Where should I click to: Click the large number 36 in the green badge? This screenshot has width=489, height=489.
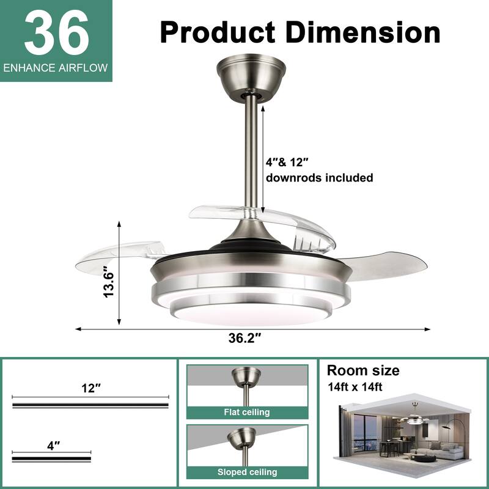pos(56,34)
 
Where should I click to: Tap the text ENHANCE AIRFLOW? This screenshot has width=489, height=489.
pos(56,68)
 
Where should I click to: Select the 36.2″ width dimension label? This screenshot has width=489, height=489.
pos(244,338)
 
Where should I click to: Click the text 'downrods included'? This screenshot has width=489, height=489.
pos(319,178)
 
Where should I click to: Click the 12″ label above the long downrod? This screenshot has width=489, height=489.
pos(90,388)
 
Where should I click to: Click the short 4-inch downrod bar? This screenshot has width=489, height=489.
pos(52,457)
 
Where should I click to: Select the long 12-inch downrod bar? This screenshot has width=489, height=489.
pos(90,405)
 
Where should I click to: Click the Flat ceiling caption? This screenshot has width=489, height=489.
pos(247,412)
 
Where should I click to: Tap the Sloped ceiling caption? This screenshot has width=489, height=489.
pos(247,472)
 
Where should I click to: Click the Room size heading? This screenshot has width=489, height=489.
pos(363,370)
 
